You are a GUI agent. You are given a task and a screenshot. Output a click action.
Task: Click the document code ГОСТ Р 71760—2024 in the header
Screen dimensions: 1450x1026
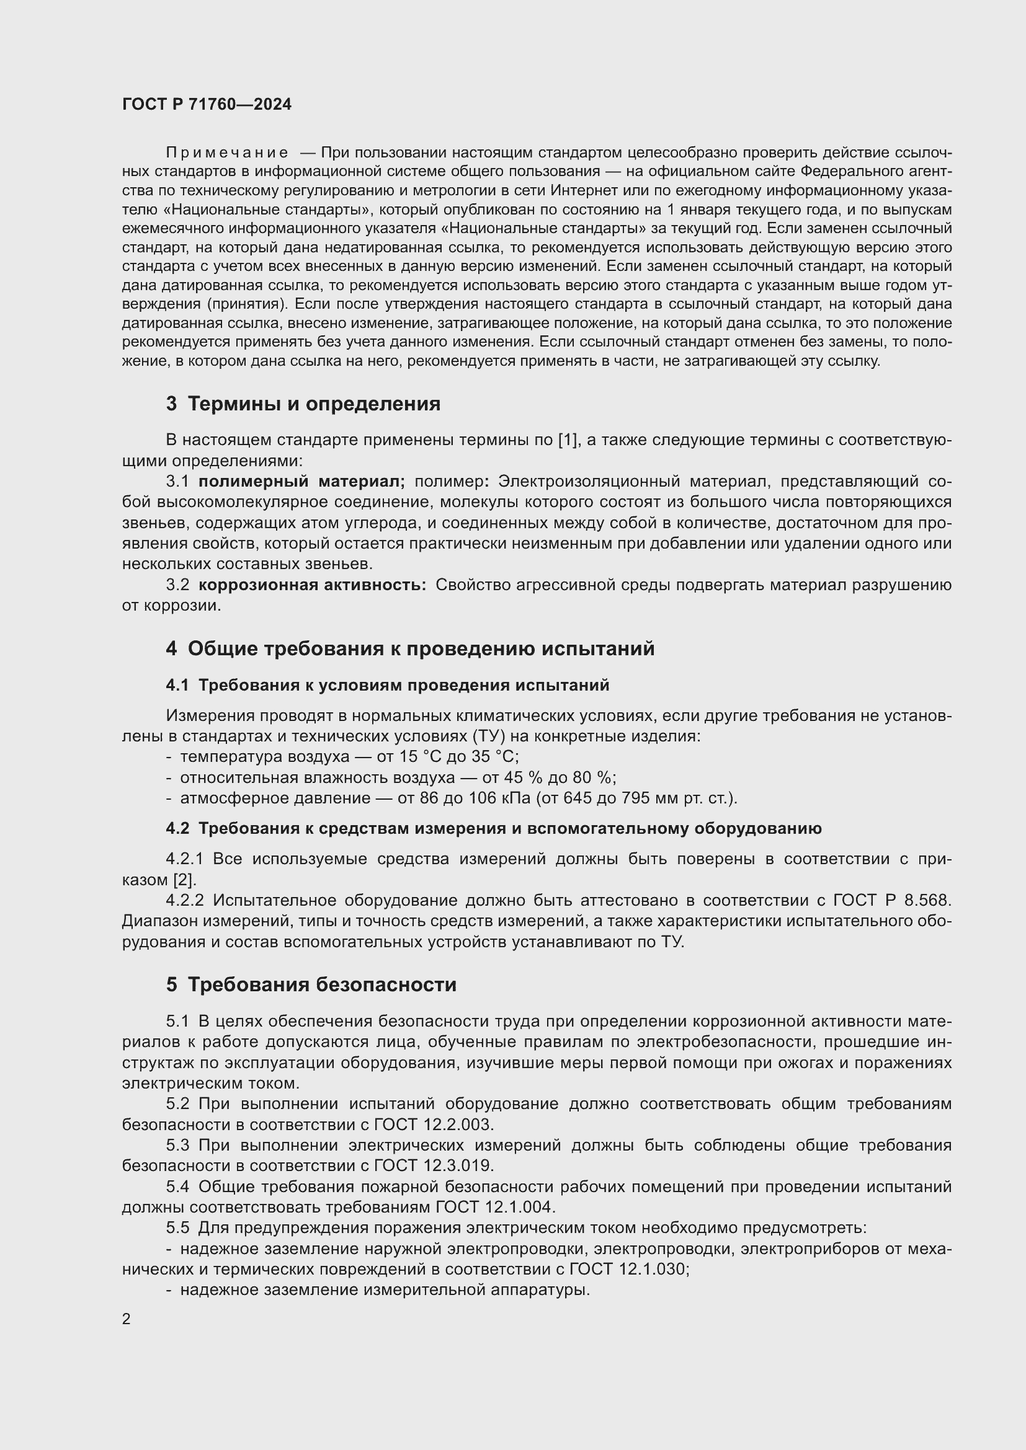pyautogui.click(x=207, y=104)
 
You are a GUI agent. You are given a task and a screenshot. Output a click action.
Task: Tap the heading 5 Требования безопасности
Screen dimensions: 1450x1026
pyautogui.click(x=311, y=984)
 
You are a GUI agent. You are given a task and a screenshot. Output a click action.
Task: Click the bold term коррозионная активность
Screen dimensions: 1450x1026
pyautogui.click(x=312, y=585)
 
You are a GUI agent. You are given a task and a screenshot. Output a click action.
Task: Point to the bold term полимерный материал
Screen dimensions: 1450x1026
pyautogui.click(x=301, y=481)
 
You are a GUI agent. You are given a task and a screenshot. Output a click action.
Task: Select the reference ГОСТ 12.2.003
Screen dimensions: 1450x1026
pyautogui.click(x=434, y=1125)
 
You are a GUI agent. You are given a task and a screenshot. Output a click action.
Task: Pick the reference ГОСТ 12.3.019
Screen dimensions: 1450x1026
pyautogui.click(x=434, y=1166)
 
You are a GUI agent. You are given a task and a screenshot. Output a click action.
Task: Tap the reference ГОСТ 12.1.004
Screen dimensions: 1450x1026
pyautogui.click(x=495, y=1207)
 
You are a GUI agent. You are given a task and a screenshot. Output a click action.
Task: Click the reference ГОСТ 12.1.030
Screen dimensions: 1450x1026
pyautogui.click(x=628, y=1269)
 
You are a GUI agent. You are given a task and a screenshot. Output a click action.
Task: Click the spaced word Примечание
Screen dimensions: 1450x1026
pyautogui.click(x=228, y=153)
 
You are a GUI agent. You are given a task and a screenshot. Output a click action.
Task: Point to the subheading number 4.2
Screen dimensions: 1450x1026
pyautogui.click(x=177, y=829)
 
